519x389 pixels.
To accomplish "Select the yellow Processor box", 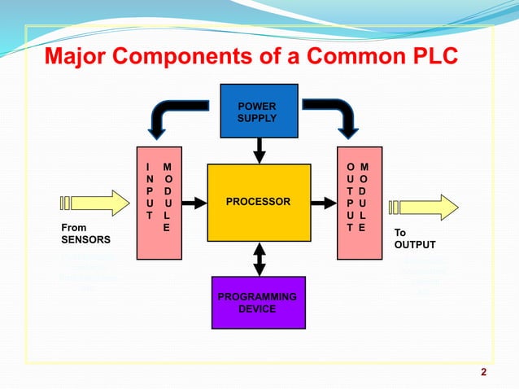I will [x=259, y=202].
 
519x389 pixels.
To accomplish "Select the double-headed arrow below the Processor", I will [x=259, y=259].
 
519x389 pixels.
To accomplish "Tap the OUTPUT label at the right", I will [x=415, y=245].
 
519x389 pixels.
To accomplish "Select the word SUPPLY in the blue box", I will [x=256, y=118].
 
